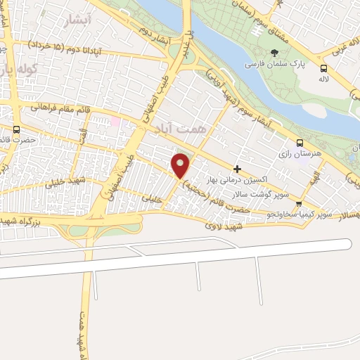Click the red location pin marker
pos(181,165)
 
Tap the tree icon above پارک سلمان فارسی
pos(274,53)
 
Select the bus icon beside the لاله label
pos(323,69)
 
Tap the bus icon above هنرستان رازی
pos(300,142)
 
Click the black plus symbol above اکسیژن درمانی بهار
pos(238,169)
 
